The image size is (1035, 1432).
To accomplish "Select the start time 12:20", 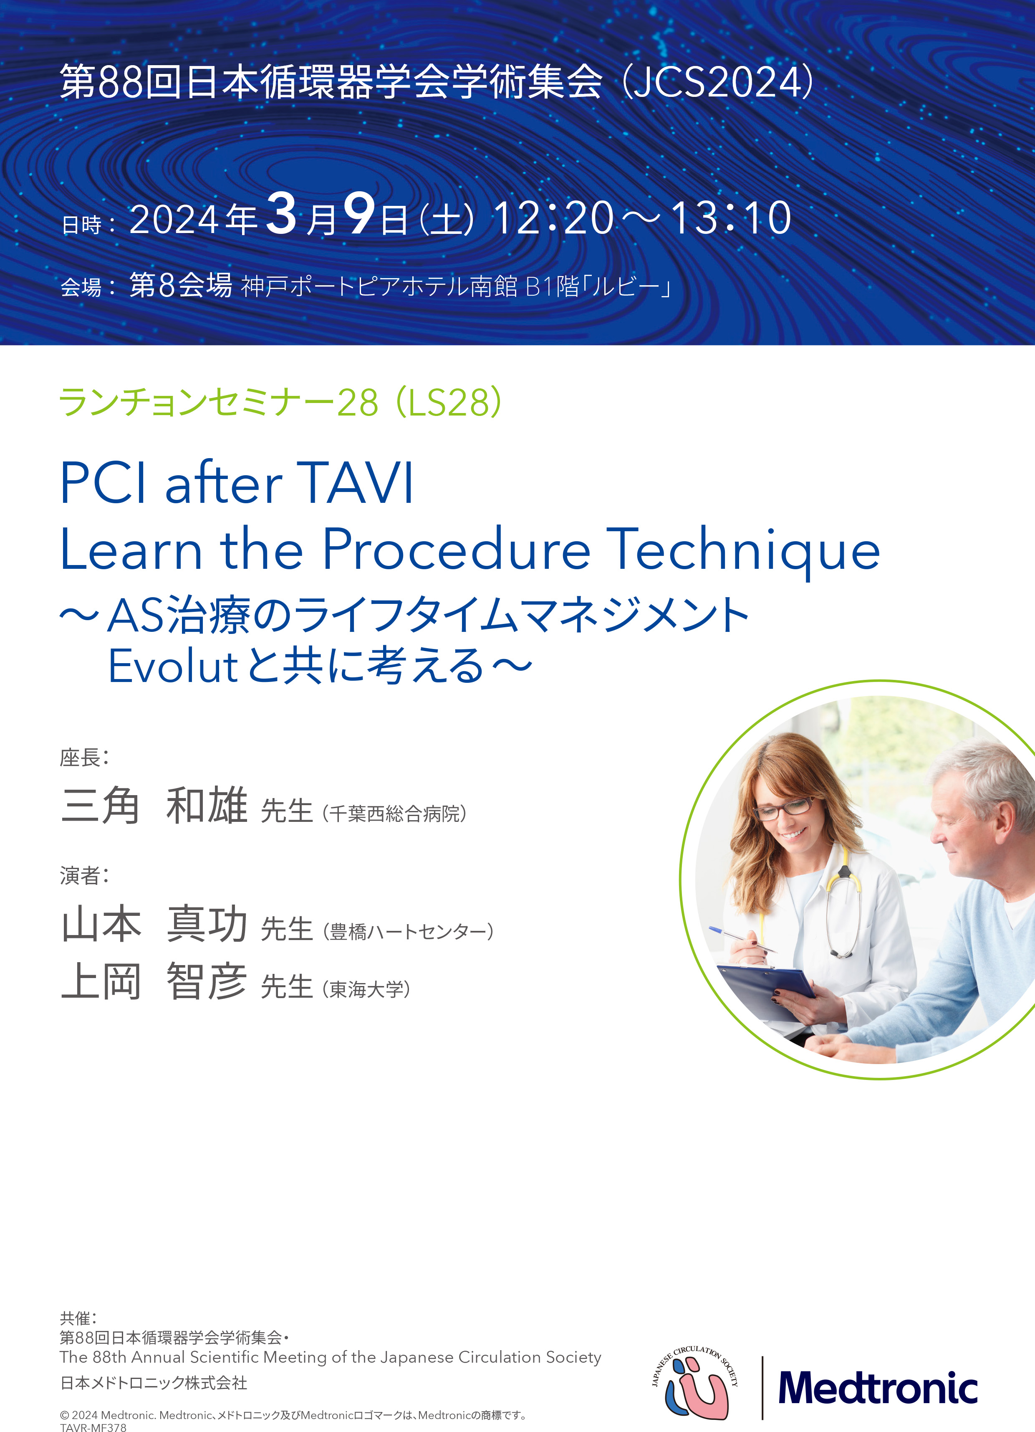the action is tap(553, 218).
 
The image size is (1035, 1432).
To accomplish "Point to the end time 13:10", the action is tap(730, 218).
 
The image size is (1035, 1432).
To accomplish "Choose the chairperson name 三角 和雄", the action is tap(154, 805).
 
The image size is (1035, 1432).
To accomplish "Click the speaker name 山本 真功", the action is tap(154, 923).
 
